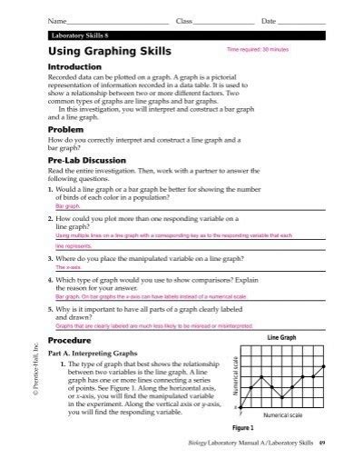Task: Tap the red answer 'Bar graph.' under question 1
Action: click(x=68, y=205)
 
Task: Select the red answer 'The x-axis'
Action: click(x=68, y=268)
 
